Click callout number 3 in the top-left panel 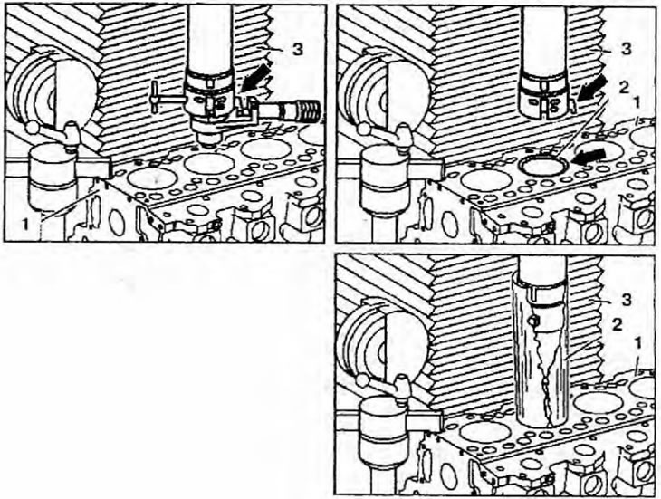[298, 50]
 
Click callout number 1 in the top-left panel [25, 225]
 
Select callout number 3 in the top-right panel [627, 49]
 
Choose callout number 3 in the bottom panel [627, 300]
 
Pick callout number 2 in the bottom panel [617, 325]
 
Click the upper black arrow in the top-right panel [591, 91]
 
